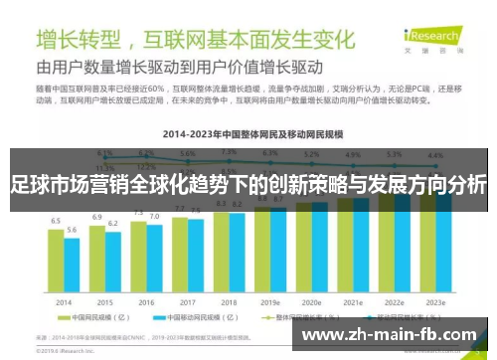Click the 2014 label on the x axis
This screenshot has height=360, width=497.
point(64,300)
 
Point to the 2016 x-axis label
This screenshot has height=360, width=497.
point(146,300)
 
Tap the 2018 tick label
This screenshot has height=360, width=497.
point(229,300)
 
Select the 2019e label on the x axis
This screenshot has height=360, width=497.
point(270,300)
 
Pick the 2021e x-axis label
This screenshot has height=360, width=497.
point(353,300)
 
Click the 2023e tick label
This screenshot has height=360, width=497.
point(435,300)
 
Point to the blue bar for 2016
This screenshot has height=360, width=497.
point(154,258)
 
